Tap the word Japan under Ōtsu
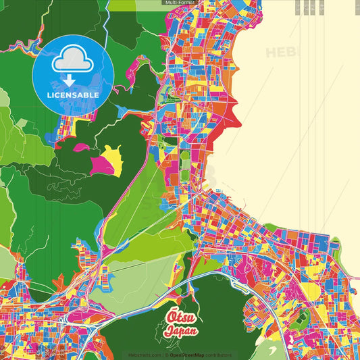pyautogui.click(x=180, y=332)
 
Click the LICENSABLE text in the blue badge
pyautogui.click(x=73, y=95)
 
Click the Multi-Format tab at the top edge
pyautogui.click(x=180, y=3)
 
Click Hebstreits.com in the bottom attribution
pyautogui.click(x=145, y=355)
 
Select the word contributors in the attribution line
pyautogui.click(x=218, y=355)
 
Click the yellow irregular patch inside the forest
pyautogui.click(x=111, y=157)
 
